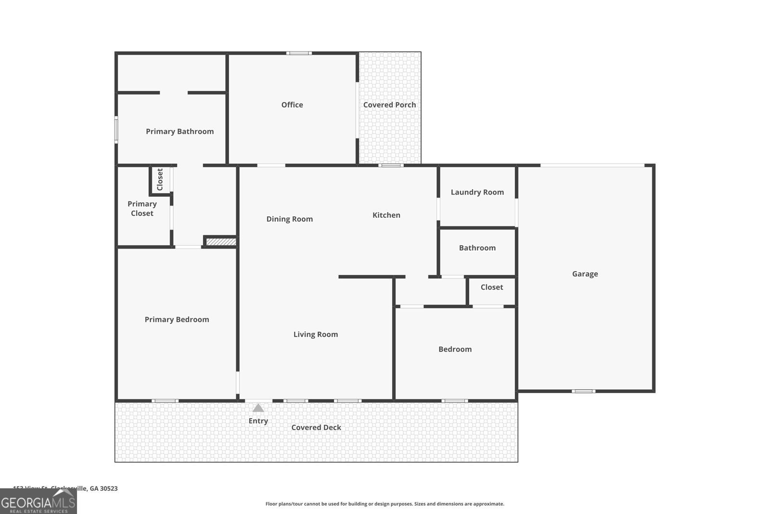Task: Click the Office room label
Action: pyautogui.click(x=292, y=105)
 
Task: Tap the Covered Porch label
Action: pyautogui.click(x=389, y=105)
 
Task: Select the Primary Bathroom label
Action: pyautogui.click(x=180, y=131)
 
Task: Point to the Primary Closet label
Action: pyautogui.click(x=142, y=209)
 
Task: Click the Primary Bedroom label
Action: pyautogui.click(x=177, y=319)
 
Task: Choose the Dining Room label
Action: pyautogui.click(x=289, y=219)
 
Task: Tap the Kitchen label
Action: pyautogui.click(x=386, y=215)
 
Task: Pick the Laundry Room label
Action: pyautogui.click(x=477, y=192)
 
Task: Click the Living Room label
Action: pyautogui.click(x=315, y=334)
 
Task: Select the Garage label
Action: pyautogui.click(x=585, y=274)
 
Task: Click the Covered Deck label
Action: pyautogui.click(x=316, y=427)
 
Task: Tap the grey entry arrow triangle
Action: pyautogui.click(x=258, y=408)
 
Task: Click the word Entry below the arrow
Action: pyautogui.click(x=258, y=421)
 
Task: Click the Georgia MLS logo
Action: pyautogui.click(x=38, y=501)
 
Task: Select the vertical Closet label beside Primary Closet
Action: pyautogui.click(x=160, y=179)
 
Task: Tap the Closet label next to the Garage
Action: pyautogui.click(x=491, y=287)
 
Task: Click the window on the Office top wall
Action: pyautogui.click(x=299, y=53)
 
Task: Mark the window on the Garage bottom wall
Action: pyautogui.click(x=583, y=391)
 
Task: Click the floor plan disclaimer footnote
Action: pyautogui.click(x=385, y=504)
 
